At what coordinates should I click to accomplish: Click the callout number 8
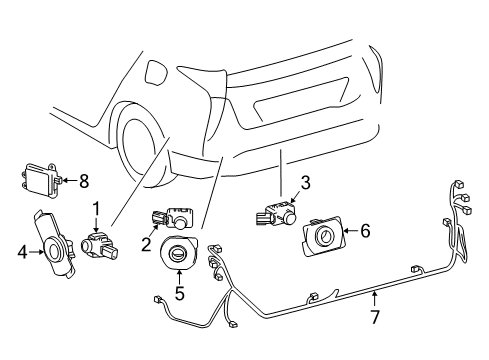point(84,181)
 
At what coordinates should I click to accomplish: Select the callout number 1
point(96,209)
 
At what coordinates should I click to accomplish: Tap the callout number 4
point(22,252)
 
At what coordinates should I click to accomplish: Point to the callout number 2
point(146,244)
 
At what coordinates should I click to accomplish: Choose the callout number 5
point(179,293)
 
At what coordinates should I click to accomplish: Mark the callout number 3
point(305,183)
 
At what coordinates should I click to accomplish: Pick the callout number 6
point(365,231)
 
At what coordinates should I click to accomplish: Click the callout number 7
point(375,317)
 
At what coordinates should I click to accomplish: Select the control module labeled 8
point(41,180)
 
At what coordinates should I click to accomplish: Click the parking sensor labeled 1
point(99,247)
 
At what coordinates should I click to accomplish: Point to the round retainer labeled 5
point(178,252)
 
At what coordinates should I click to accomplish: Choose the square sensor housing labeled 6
point(323,235)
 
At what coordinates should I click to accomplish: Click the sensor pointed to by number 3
point(277,214)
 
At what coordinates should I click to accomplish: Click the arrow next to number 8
point(69,180)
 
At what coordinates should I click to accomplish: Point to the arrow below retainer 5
point(179,277)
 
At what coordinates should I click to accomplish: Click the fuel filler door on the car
point(155,73)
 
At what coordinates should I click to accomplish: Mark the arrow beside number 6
point(351,230)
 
